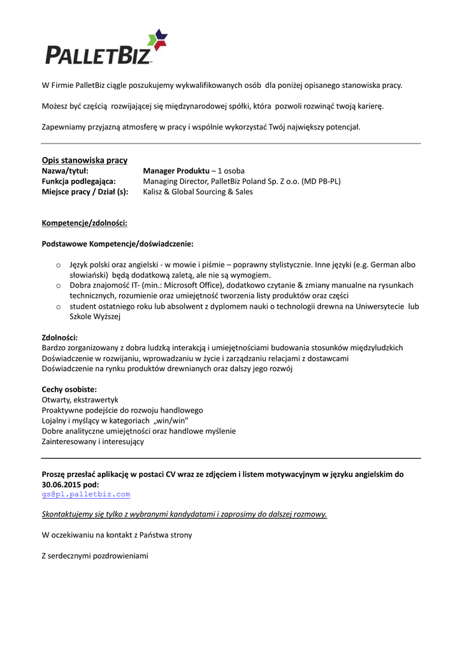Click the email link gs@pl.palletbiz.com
[86, 494]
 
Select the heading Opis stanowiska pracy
[85, 160]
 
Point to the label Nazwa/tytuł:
[65, 171]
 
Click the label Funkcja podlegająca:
[78, 181]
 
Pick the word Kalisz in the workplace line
[154, 191]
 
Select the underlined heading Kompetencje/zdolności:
[85, 223]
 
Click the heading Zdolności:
[60, 337]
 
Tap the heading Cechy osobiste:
[69, 389]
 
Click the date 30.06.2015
[62, 484]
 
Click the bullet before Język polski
[57, 265]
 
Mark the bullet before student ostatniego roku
[57, 307]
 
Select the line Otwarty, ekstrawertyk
[80, 400]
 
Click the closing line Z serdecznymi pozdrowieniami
[95, 556]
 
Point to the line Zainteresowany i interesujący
[93, 441]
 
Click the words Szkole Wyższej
[95, 316]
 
